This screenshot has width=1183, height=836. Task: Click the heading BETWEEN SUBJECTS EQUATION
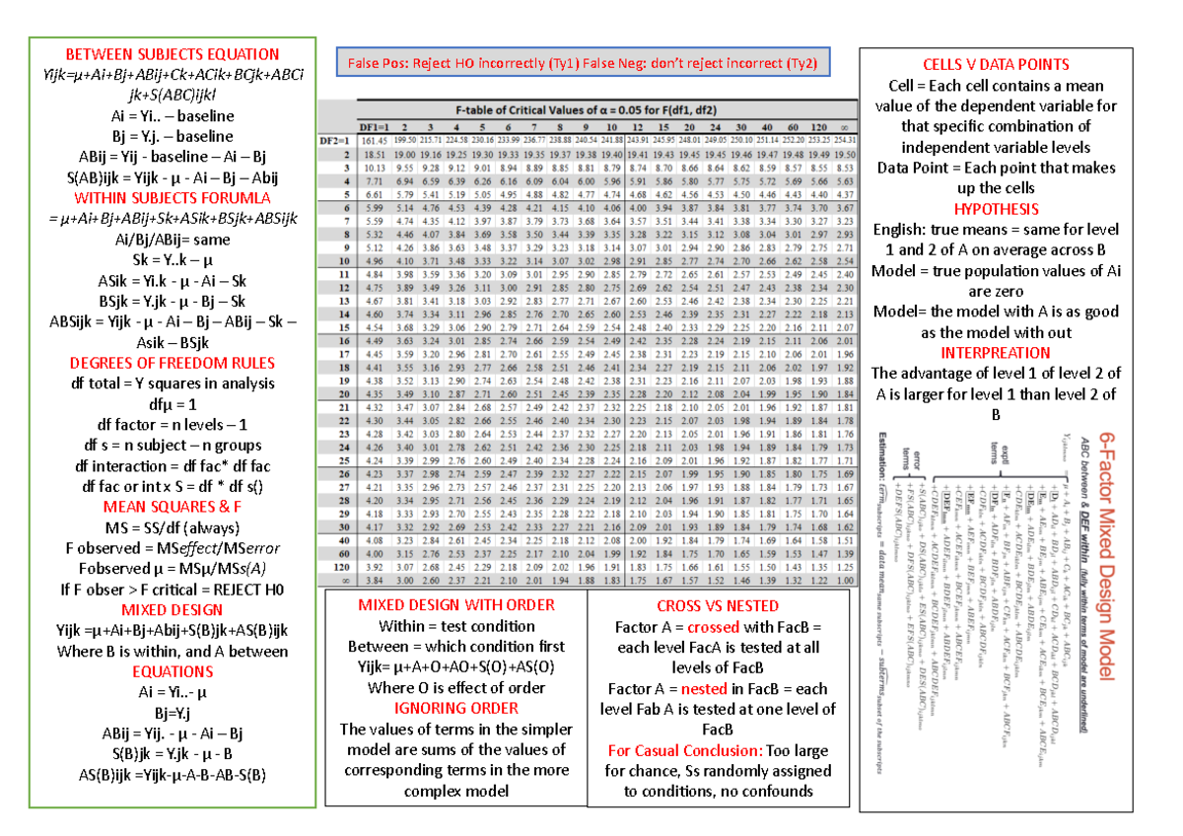pos(172,54)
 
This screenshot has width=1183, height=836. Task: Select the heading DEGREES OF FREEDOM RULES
pos(172,363)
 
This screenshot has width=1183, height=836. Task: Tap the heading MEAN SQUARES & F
pos(172,507)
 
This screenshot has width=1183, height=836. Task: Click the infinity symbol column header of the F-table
pos(844,127)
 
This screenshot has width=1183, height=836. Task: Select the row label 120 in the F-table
pos(342,568)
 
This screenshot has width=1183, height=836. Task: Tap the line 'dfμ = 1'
pos(172,404)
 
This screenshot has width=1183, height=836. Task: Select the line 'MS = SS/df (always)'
pos(172,527)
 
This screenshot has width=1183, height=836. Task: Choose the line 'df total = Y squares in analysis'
pos(172,383)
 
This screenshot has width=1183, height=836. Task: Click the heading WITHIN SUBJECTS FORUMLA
pos(172,198)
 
